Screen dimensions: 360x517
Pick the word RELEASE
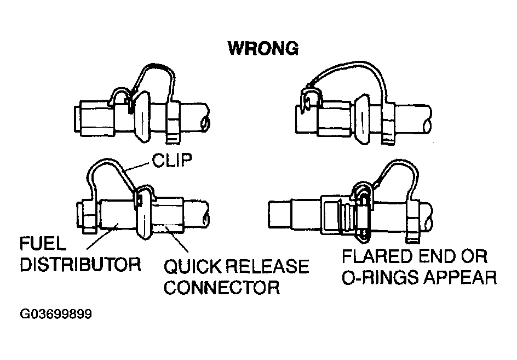coord(269,267)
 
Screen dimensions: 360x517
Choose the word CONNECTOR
coord(222,287)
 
